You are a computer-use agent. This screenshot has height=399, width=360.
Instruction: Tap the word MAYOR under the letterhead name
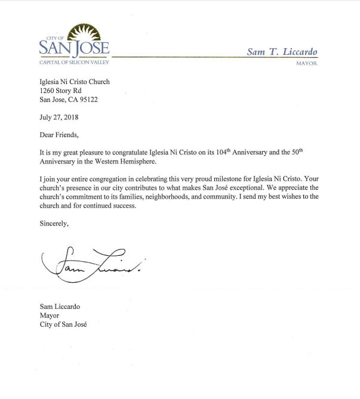tap(306, 63)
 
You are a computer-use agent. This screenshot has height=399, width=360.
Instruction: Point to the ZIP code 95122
tap(86, 100)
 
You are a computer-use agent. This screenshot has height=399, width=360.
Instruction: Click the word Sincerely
tap(54, 224)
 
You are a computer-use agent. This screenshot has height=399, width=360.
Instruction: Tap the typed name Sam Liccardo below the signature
tap(60, 307)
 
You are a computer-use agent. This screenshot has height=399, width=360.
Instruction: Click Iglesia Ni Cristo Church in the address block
tap(75, 82)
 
